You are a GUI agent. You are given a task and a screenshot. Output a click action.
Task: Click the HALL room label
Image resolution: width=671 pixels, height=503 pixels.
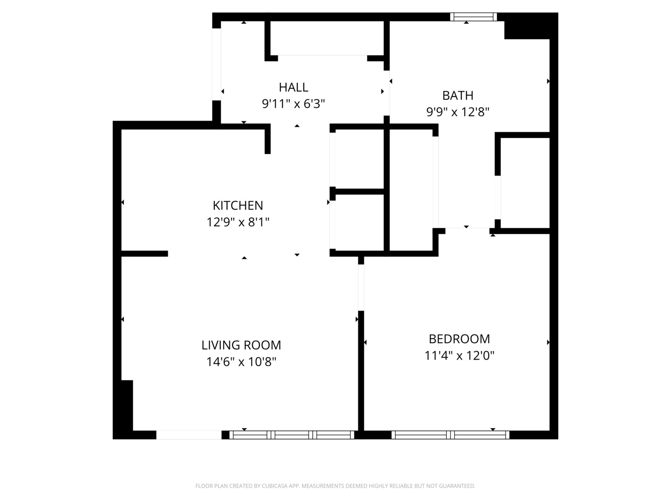point(294,87)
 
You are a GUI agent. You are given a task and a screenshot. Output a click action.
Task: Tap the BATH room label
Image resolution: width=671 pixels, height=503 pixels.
point(458,95)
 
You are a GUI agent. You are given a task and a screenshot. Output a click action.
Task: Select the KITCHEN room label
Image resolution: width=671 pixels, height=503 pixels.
point(238,205)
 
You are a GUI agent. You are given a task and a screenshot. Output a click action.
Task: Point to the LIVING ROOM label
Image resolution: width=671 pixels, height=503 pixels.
point(241,345)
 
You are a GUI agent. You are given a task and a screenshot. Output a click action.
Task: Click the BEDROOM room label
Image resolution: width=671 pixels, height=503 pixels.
point(459,339)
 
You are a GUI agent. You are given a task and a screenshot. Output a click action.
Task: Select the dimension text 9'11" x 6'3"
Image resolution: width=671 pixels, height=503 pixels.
point(294,104)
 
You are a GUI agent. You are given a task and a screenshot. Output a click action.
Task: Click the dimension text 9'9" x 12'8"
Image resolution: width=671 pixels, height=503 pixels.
point(458,112)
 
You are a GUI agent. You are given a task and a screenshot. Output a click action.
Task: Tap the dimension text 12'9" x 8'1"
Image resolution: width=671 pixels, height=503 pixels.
point(238,222)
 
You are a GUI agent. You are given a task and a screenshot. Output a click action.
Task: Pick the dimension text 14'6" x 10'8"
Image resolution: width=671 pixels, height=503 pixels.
point(241,362)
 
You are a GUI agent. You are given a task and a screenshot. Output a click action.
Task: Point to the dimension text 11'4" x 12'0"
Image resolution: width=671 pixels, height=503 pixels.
point(459,356)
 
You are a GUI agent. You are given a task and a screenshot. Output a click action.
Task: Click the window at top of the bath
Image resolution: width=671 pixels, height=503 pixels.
point(473,17)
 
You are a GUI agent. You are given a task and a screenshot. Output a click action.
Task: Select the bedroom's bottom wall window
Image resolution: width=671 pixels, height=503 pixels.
point(450,435)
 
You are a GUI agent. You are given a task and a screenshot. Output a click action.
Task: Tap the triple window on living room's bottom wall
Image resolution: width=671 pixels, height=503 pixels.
point(292,435)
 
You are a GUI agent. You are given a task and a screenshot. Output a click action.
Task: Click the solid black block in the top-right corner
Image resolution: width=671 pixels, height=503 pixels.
point(530,27)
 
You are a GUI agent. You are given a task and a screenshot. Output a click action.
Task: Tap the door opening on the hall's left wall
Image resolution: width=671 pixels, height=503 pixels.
point(217,64)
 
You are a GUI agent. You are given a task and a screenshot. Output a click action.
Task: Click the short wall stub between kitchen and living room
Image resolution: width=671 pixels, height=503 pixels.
point(144,254)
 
